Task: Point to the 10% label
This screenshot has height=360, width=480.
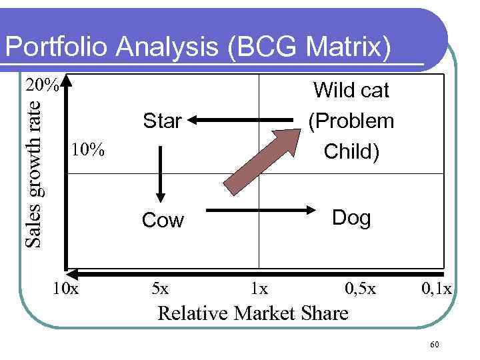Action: [x=87, y=149]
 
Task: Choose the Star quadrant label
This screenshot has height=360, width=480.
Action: [x=162, y=121]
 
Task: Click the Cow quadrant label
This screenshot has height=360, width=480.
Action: [x=163, y=221]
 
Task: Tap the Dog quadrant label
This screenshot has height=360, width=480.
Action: [x=351, y=217]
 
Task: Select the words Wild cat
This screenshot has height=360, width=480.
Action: [x=351, y=90]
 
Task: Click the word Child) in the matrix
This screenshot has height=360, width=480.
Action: [x=351, y=151]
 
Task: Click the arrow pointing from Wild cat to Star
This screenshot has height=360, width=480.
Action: [x=243, y=121]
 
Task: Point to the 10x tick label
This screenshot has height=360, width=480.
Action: [x=65, y=289]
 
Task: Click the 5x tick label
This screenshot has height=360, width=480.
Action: [x=160, y=289]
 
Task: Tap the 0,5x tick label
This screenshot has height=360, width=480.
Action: [x=360, y=289]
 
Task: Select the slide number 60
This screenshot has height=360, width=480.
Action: [x=435, y=344]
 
